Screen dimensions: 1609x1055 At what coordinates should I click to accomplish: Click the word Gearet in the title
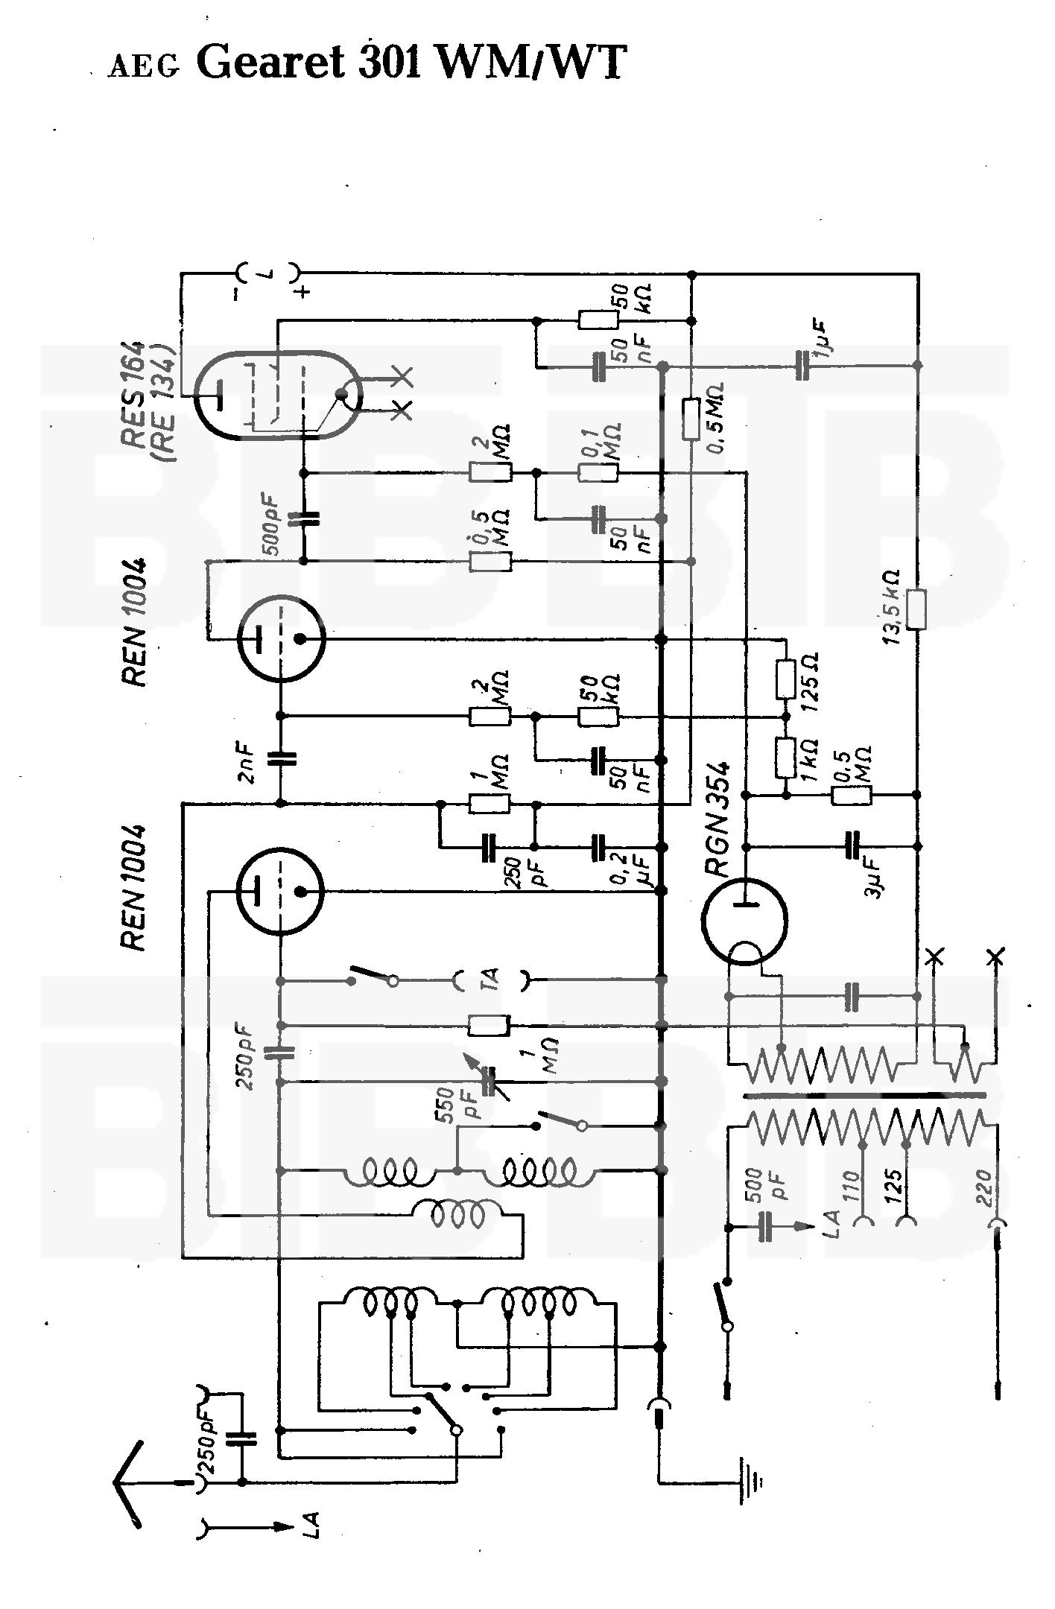tap(273, 63)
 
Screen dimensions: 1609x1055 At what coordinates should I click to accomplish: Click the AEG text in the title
tap(144, 67)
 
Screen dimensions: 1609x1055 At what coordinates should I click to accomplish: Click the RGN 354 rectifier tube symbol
tap(744, 919)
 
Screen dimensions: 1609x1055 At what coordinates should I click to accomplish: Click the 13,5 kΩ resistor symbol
tap(918, 609)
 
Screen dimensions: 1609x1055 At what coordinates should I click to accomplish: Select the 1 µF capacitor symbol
tap(802, 366)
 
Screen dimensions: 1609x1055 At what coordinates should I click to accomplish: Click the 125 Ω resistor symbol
tap(785, 679)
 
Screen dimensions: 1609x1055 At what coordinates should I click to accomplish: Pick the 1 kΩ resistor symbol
tap(785, 758)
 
